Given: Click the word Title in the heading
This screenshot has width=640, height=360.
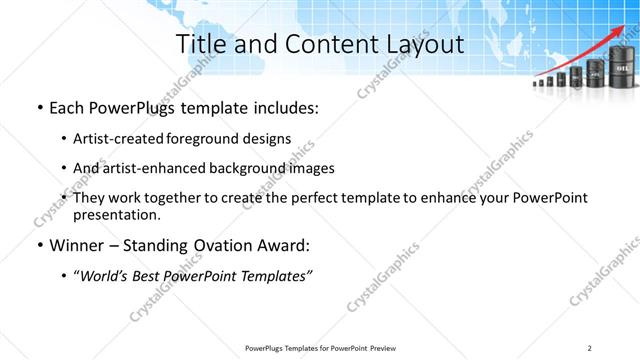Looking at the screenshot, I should click(x=199, y=44).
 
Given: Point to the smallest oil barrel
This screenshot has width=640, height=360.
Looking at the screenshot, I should click(x=537, y=84).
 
